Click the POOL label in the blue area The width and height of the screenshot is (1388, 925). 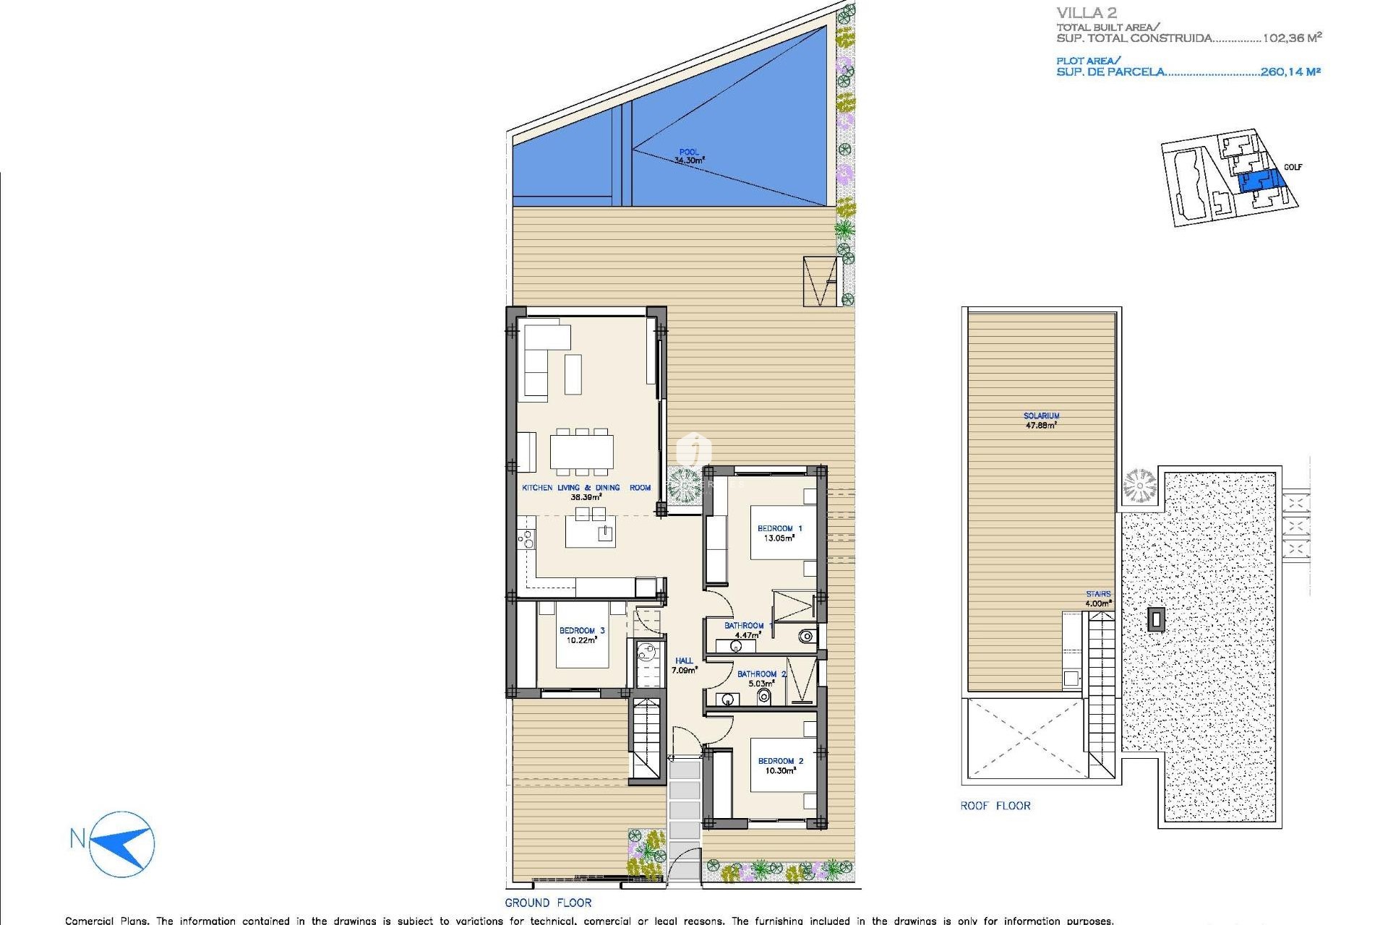click(688, 152)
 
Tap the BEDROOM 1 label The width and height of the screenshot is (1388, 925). click(779, 528)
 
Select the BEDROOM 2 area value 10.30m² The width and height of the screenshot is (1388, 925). click(780, 771)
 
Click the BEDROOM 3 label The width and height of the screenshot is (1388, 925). click(581, 630)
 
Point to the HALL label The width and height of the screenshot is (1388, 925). click(684, 661)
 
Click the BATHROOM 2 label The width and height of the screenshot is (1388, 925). click(761, 674)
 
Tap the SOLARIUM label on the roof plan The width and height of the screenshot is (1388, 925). click(1041, 416)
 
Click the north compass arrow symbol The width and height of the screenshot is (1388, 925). click(124, 843)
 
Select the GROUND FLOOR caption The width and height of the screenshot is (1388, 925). click(548, 903)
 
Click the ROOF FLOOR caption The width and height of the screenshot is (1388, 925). click(995, 806)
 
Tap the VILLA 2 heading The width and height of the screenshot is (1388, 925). click(1086, 12)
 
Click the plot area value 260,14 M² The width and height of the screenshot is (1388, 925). click(1290, 72)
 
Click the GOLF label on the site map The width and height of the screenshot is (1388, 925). click(1293, 167)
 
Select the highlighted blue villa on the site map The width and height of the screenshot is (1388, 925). click(1258, 181)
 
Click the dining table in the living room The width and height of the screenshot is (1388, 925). click(581, 451)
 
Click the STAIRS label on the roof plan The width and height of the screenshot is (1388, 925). click(1097, 594)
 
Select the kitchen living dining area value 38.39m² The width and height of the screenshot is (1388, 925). click(586, 497)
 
